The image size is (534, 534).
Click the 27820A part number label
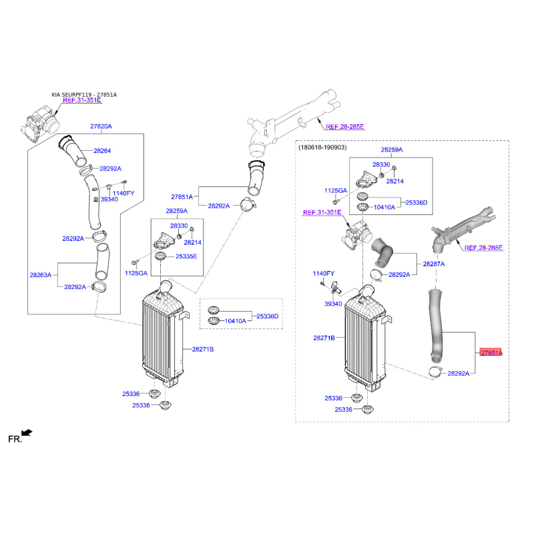[x=101, y=126]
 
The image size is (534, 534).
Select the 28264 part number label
[x=102, y=151]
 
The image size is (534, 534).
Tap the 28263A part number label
[x=41, y=275]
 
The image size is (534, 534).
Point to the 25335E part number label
[x=186, y=256]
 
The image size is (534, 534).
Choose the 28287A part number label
[x=433, y=264]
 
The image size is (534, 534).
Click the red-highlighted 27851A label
[x=491, y=353]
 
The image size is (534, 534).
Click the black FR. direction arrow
[x=27, y=433]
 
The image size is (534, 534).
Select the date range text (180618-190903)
[x=322, y=148]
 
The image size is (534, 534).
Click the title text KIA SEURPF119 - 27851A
[x=84, y=95]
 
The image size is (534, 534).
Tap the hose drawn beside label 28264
[x=73, y=151]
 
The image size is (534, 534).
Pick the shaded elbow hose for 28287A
[x=382, y=252]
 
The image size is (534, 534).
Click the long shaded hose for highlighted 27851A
[x=437, y=326]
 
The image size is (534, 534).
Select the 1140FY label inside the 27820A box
[x=123, y=193]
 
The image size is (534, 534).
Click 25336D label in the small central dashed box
[x=268, y=316]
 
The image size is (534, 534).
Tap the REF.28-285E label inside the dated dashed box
[x=483, y=248]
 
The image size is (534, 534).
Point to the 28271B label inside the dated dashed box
[x=324, y=338]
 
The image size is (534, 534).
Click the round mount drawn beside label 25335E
[x=160, y=256]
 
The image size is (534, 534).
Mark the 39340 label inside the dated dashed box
[x=333, y=304]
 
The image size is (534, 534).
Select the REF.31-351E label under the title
[x=82, y=100]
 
